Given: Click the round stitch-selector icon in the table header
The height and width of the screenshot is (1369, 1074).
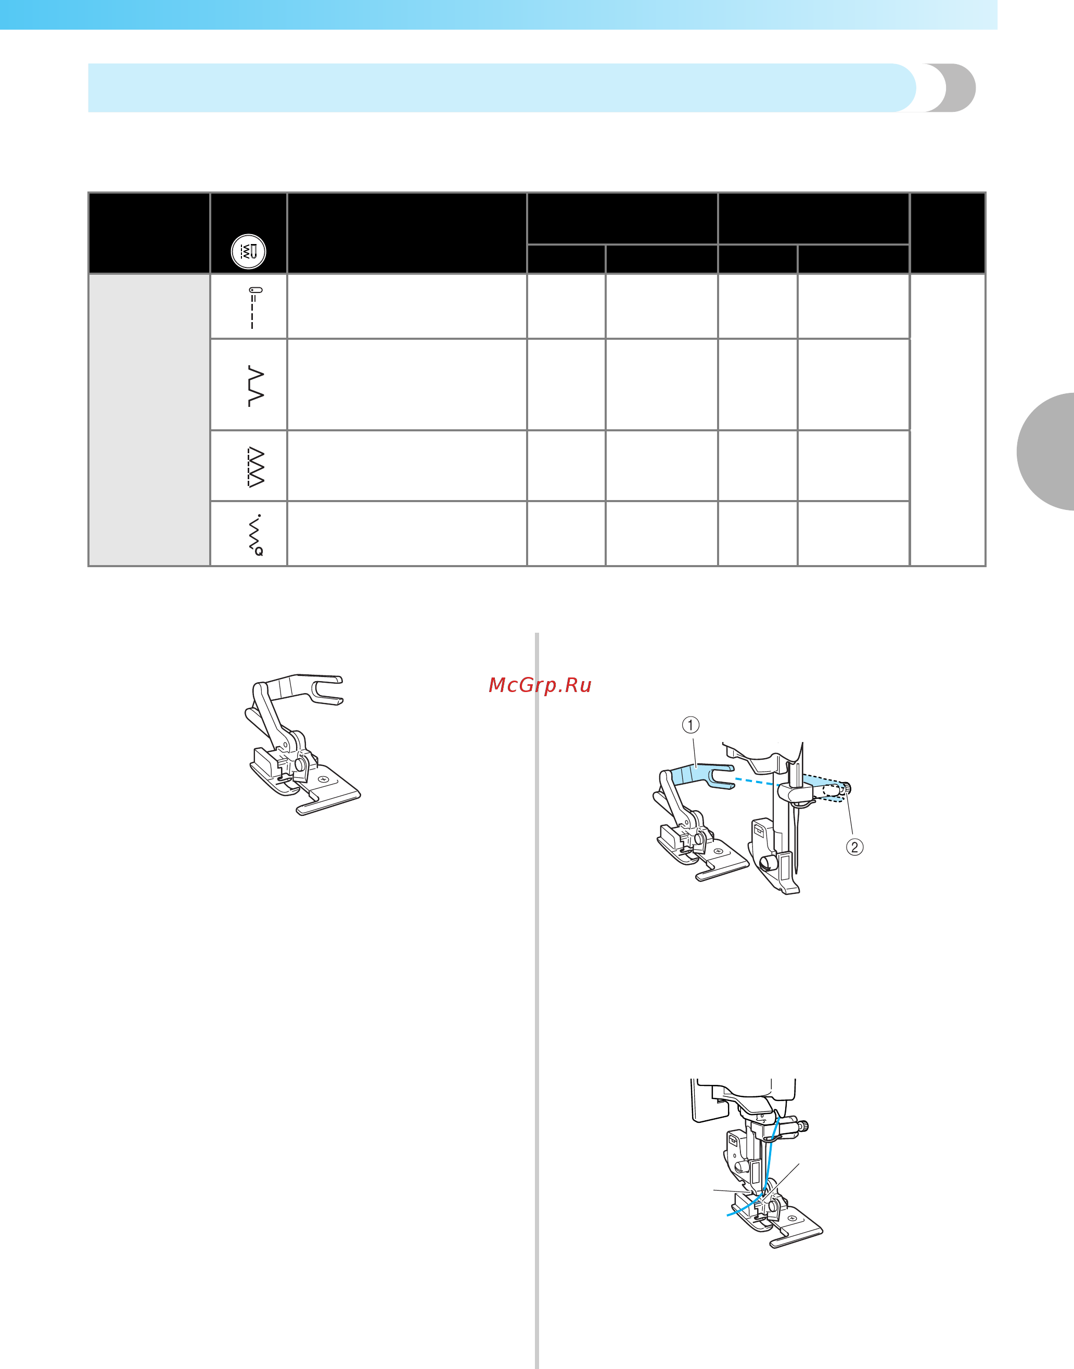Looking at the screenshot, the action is [248, 251].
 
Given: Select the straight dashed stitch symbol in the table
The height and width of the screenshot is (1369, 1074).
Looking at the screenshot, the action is [253, 308].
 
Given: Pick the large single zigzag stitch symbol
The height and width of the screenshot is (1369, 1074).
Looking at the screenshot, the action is [256, 386].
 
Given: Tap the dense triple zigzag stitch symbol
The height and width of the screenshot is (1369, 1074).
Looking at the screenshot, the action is [256, 467].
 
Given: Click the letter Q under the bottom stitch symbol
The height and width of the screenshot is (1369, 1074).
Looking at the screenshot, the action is [259, 552].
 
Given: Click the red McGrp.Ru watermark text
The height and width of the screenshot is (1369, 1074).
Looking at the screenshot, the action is [540, 685].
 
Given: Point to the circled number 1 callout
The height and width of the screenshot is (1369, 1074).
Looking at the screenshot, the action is [691, 725].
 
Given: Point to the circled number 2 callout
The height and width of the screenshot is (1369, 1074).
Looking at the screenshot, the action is [854, 847].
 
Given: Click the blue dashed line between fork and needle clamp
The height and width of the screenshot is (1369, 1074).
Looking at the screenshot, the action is [757, 782].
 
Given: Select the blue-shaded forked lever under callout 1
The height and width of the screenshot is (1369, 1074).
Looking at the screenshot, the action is [698, 776].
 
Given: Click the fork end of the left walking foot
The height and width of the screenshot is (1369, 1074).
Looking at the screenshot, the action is [326, 690].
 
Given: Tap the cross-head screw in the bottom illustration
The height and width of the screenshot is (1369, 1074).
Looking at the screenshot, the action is [791, 1219].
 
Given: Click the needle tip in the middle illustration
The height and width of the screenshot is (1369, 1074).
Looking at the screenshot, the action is [797, 871].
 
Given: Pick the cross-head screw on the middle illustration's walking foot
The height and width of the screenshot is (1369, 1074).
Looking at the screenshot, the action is [718, 851].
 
